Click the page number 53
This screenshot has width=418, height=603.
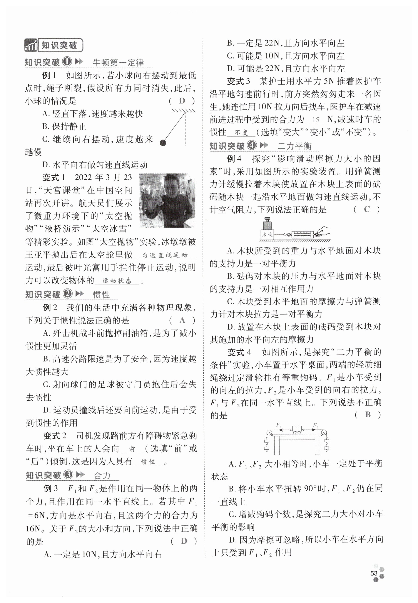pos(373,573)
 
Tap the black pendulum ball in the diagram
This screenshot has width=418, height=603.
pos(163,143)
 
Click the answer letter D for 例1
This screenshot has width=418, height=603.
pos(182,101)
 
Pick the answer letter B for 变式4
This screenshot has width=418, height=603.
pos(368,414)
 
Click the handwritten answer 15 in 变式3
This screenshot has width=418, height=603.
pos(316,120)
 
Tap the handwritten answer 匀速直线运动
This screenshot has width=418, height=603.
pos(165,255)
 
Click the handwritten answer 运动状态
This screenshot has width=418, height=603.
pos(117,281)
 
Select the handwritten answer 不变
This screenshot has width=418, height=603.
pos(241,132)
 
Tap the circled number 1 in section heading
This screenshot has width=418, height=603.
pos(67,62)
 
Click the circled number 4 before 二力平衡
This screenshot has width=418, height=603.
pos(252,145)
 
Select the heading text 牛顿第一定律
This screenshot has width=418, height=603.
pos(118,62)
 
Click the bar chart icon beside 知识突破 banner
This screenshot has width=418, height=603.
pos(31,45)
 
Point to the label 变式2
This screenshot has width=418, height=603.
pos(54,436)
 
